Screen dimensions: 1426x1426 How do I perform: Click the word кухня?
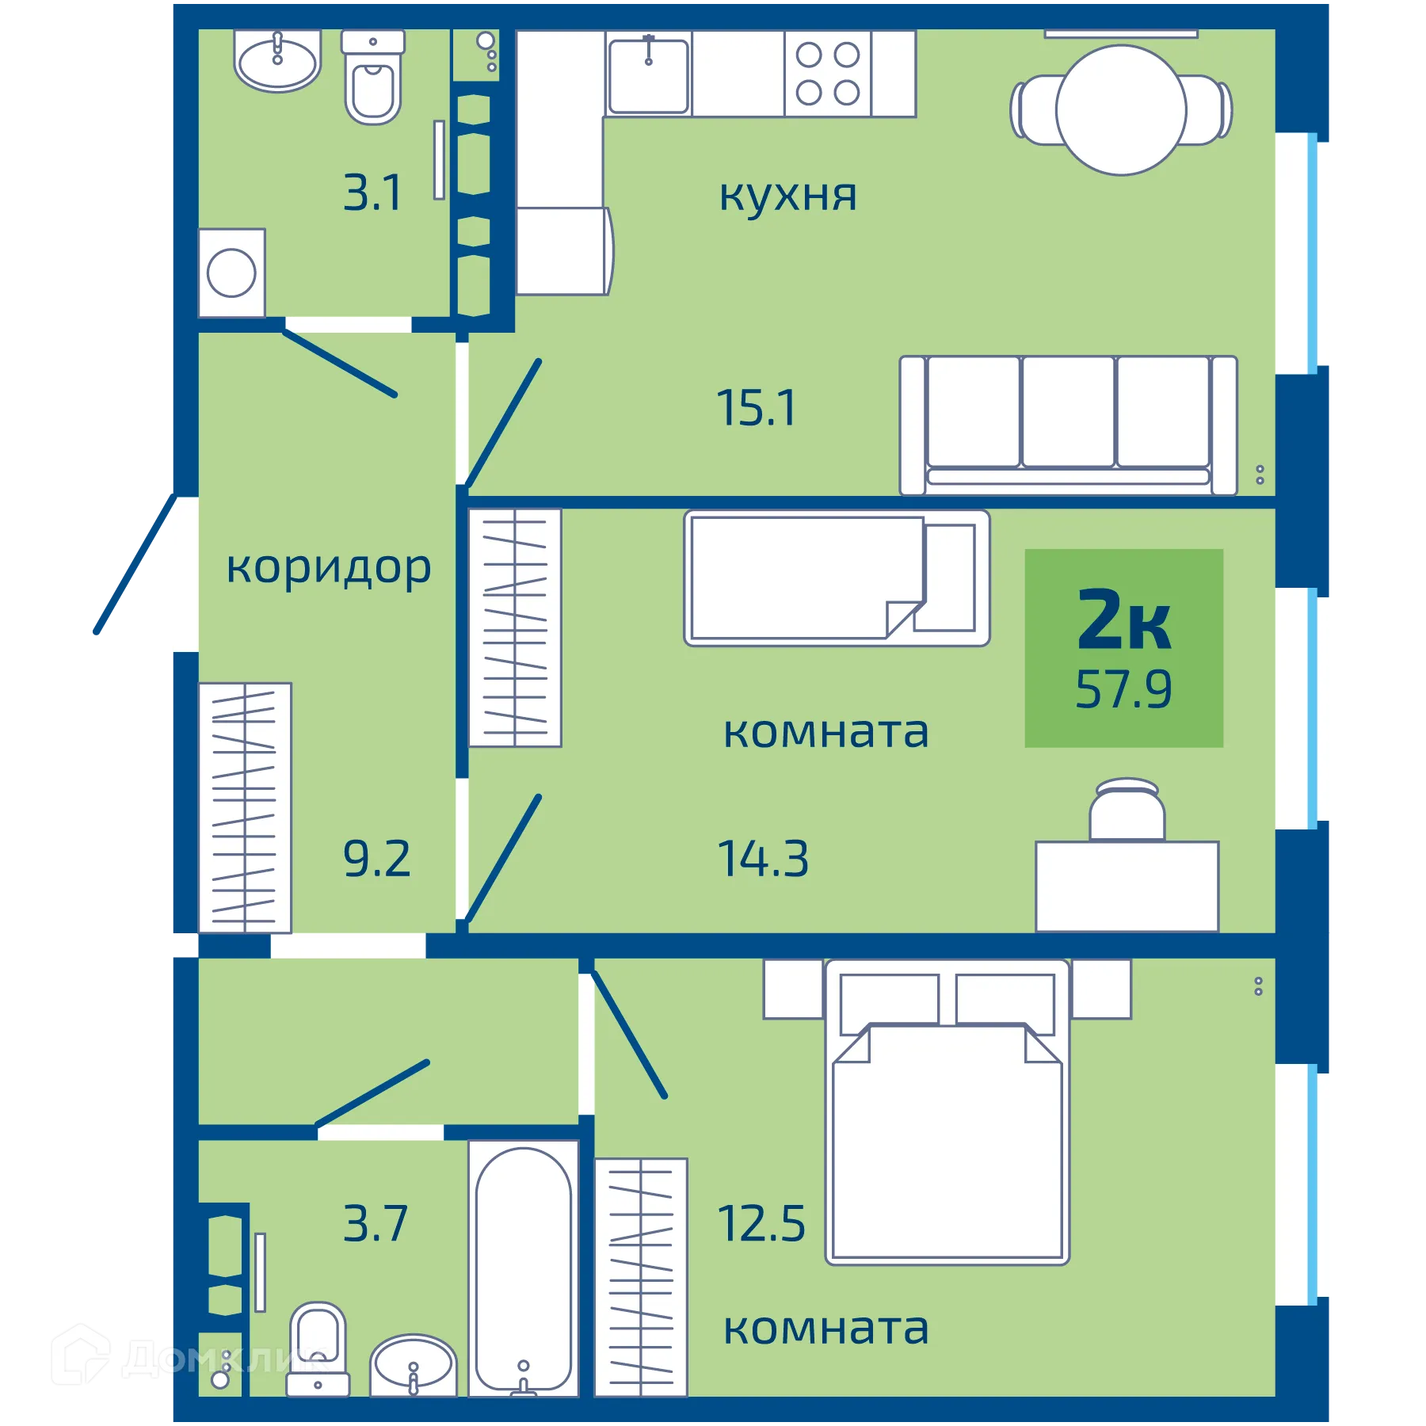click(787, 195)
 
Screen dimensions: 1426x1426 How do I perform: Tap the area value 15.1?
click(756, 409)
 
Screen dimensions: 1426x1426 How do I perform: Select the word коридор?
click(329, 567)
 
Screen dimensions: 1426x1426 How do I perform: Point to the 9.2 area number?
click(377, 859)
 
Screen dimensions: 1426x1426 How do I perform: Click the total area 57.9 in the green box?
click(1123, 689)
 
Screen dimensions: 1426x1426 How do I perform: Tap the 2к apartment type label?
click(1123, 620)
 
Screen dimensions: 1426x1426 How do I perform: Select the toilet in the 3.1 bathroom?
click(372, 79)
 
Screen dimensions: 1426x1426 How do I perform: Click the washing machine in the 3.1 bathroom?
click(231, 273)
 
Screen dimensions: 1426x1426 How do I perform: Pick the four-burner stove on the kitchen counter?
click(827, 74)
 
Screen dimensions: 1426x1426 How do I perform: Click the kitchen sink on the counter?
click(648, 75)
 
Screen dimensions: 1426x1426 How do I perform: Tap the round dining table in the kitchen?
click(1120, 110)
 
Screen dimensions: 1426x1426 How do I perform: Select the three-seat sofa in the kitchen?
click(1068, 425)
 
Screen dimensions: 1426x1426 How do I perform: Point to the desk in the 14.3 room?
click(1127, 886)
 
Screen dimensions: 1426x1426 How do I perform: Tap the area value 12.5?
click(761, 1224)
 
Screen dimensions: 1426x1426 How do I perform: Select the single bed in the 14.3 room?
click(836, 578)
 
